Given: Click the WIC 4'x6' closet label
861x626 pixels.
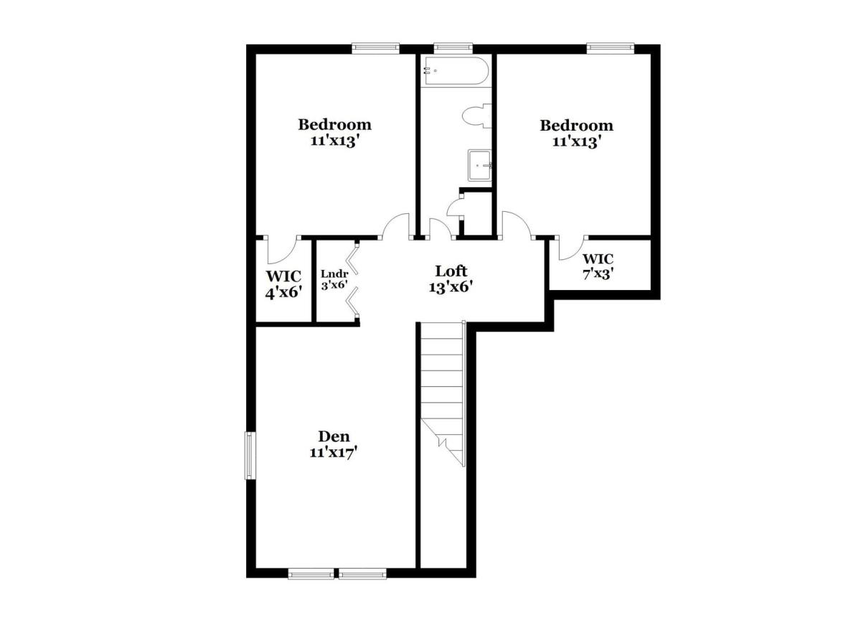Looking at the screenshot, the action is coord(283,284).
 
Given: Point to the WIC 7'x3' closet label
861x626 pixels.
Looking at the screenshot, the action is coord(598,266).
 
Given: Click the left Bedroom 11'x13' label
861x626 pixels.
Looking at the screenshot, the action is coord(335,132).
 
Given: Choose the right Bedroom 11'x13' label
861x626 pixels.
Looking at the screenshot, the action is coord(576,133).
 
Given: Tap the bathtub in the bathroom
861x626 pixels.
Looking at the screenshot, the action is coord(456,71).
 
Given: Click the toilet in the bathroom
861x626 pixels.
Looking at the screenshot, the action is coord(476,116).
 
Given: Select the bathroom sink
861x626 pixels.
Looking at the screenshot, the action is coord(480,165).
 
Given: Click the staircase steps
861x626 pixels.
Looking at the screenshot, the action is coord(443,393).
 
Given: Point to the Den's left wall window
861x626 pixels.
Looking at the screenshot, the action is coord(250,456).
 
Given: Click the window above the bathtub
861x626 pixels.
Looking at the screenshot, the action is coord(453,47).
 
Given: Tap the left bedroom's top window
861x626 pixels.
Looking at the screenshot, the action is coord(376,47).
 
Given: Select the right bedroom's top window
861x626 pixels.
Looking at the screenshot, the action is coord(610,47).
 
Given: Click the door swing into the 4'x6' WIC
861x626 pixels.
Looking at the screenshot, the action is coord(283,250).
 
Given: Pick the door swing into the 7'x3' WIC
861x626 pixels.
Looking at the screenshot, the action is coord(573,248).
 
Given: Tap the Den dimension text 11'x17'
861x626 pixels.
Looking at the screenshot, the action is coord(334,452).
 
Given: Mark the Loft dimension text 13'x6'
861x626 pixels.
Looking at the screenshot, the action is coord(451,287).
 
